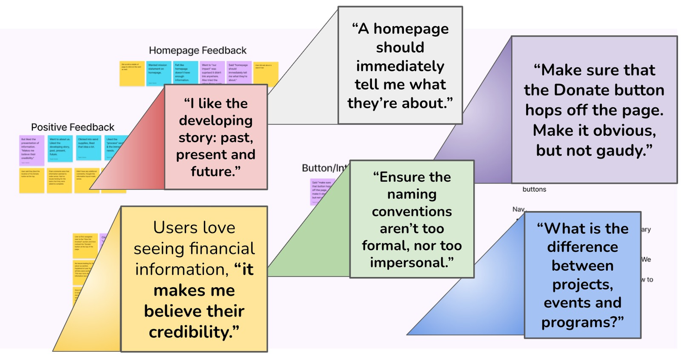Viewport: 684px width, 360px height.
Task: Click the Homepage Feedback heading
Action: coord(197,50)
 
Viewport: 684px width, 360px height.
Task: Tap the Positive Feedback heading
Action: coord(73,127)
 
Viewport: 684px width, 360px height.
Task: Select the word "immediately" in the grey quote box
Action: coord(400,67)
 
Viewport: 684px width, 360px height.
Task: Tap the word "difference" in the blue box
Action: coord(582,247)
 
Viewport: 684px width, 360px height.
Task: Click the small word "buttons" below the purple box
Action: coord(534,189)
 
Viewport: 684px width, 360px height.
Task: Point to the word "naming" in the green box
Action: coord(412,194)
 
